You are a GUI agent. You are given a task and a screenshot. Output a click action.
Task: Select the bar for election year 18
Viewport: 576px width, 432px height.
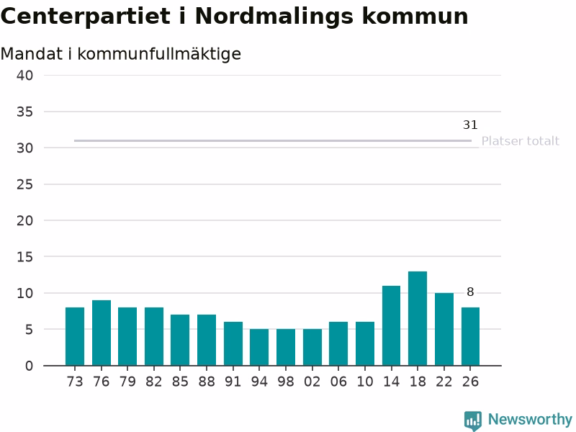[x=418, y=318]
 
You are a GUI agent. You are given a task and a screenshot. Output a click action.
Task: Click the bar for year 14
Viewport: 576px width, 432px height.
[x=391, y=325]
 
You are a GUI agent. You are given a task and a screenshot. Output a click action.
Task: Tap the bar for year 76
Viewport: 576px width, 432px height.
[x=102, y=333]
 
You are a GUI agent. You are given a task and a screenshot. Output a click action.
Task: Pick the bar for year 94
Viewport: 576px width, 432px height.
[x=259, y=347]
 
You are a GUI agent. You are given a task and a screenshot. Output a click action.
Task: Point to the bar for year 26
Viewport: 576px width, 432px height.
[x=471, y=336]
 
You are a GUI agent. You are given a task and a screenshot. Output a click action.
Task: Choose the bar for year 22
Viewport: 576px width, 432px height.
[x=444, y=329]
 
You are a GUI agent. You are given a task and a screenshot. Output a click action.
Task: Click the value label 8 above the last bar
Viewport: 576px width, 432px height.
[x=470, y=292]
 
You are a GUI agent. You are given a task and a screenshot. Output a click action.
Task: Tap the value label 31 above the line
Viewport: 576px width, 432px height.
[x=470, y=125]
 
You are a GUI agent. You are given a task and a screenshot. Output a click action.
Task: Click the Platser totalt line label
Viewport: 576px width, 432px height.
[x=520, y=141]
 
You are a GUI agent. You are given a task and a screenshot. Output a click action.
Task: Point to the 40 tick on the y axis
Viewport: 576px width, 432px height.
[x=24, y=76]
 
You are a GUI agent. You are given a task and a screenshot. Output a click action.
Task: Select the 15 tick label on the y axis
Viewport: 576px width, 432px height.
[x=24, y=257]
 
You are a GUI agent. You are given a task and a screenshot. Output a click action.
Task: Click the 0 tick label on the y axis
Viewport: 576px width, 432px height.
[x=29, y=366]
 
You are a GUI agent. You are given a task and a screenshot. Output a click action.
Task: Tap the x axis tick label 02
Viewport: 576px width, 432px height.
[x=312, y=382]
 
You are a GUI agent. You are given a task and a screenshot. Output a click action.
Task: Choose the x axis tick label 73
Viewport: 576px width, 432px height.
[x=75, y=382]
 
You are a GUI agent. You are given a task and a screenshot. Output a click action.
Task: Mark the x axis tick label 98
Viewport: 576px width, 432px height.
[x=286, y=382]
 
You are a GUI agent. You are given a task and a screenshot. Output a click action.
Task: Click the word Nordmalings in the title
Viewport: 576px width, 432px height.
[x=274, y=17]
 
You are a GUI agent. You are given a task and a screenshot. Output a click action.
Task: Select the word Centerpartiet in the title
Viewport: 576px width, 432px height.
[x=86, y=16]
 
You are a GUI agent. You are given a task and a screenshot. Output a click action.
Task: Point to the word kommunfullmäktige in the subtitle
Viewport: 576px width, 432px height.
[x=159, y=54]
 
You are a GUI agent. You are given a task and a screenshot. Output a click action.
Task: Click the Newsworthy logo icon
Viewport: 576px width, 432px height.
[x=473, y=420]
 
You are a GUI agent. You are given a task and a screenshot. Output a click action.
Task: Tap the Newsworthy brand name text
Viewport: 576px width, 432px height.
[x=530, y=419]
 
